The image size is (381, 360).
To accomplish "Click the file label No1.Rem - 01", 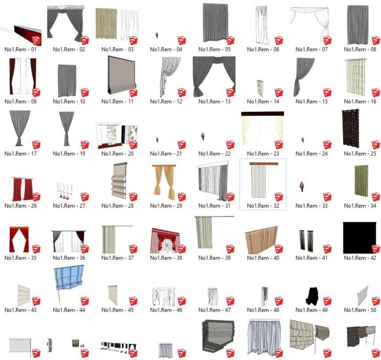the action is pos(20,49).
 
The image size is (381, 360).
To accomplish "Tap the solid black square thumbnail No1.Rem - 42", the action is pos(359,238).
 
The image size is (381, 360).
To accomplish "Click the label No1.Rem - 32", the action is pos(263,206).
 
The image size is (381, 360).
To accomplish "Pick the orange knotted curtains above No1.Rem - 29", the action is pos(164,182).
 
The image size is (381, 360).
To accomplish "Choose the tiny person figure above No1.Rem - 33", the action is pos(302,186).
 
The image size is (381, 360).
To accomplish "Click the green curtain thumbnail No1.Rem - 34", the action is pos(361,180).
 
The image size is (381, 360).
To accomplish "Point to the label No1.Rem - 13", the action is pos(215,101).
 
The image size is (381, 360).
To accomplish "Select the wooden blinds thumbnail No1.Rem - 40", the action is pos(261,240).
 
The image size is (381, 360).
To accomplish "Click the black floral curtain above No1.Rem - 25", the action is pos(351,128).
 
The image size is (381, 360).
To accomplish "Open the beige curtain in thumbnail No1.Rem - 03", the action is pos(106,24).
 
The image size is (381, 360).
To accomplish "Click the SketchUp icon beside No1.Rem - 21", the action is pos(182,145).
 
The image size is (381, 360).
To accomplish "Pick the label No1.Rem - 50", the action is pos(360,310).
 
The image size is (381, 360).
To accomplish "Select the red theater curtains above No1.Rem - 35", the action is pos(19,239).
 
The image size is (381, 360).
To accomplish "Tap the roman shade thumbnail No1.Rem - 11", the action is pos(121,75).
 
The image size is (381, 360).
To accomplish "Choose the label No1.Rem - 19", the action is pos(69,154).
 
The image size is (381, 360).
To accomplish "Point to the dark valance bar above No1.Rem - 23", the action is pos(262,113).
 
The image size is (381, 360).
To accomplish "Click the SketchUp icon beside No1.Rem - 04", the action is pos(182,41).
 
